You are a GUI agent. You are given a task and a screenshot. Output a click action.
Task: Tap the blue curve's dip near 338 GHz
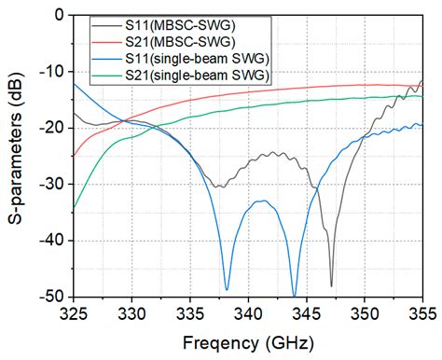(227, 288)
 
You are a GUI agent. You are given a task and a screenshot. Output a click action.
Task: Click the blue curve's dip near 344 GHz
(295, 295)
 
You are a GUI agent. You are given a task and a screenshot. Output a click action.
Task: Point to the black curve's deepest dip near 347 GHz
(331, 285)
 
